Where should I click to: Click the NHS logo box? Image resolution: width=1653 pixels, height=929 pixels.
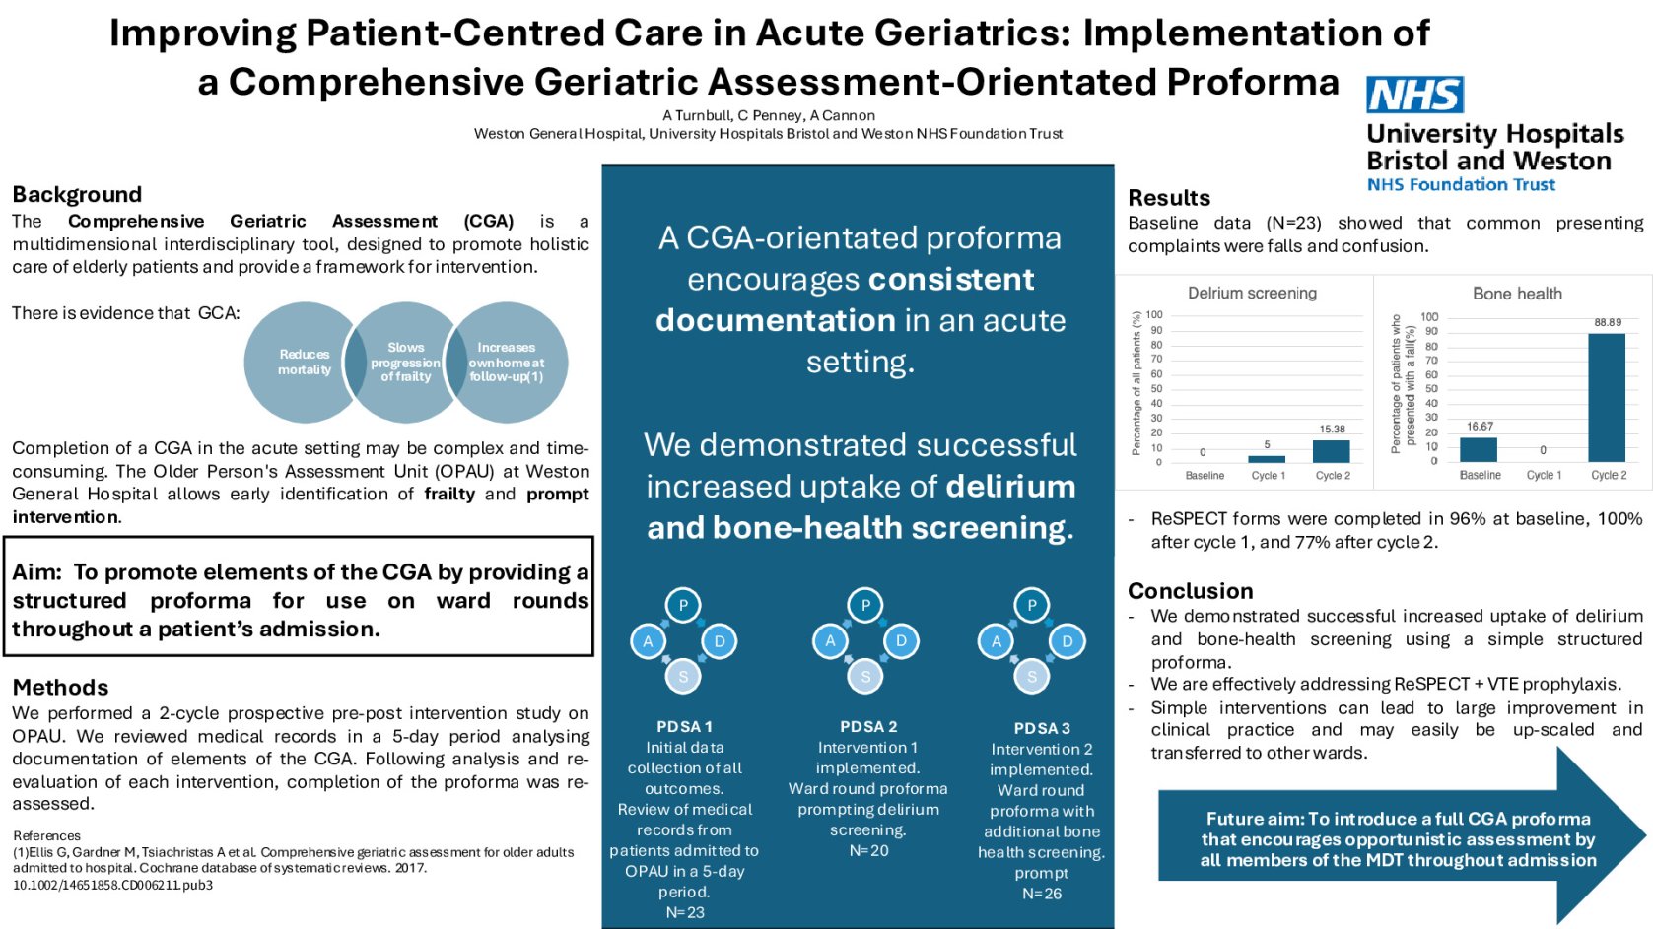click(1414, 96)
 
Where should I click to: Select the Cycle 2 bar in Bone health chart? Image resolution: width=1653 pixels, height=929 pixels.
click(1607, 398)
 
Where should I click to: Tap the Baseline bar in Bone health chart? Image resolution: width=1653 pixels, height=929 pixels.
click(1478, 449)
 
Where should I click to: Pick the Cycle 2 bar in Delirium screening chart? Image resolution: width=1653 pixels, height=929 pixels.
click(1332, 451)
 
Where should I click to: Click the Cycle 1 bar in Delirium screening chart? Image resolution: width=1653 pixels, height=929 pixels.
click(1267, 458)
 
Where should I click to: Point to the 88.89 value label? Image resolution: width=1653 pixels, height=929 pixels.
click(1608, 322)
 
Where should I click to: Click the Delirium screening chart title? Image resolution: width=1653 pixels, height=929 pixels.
click(1252, 293)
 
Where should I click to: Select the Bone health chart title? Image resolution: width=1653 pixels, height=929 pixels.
click(1517, 294)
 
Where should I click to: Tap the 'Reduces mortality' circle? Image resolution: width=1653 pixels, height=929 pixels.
click(304, 363)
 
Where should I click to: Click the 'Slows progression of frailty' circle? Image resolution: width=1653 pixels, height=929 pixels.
click(405, 363)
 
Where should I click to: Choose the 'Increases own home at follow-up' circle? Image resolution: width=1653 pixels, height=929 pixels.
click(507, 363)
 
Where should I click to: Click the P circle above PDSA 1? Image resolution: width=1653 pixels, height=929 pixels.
click(683, 605)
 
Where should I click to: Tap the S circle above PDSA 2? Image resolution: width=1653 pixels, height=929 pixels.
click(865, 677)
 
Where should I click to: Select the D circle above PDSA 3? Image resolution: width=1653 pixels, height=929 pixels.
click(1068, 641)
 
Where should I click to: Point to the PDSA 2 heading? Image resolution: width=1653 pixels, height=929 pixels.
click(868, 727)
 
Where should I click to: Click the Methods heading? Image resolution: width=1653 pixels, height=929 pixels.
click(60, 688)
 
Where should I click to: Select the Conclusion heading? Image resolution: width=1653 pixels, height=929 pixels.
click(1190, 591)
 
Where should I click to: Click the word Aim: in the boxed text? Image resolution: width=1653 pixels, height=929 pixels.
click(37, 572)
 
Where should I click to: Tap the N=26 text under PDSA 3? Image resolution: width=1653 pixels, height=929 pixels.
click(1042, 894)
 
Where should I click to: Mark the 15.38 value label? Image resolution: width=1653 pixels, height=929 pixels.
click(1332, 429)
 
